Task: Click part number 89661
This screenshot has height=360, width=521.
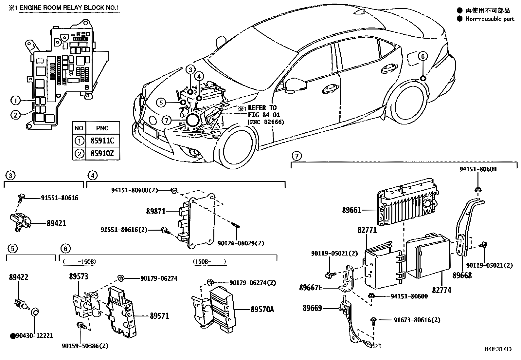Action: click(351, 210)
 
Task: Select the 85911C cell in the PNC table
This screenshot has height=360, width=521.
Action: click(102, 141)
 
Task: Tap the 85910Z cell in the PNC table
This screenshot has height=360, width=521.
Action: click(102, 153)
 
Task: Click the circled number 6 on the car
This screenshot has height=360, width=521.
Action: click(422, 57)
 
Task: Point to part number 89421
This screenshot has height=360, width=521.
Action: click(56, 223)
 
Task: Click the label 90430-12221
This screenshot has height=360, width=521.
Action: click(34, 336)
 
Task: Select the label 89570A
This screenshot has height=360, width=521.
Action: click(262, 309)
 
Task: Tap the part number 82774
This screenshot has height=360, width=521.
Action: click(441, 290)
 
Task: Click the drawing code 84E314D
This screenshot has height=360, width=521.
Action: click(498, 349)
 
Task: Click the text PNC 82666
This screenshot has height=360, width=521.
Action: click(265, 122)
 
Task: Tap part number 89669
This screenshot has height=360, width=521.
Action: click(312, 308)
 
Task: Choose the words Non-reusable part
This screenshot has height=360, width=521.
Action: click(490, 19)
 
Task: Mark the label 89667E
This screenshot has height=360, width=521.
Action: click(310, 288)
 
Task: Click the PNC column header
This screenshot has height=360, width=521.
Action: click(102, 128)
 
